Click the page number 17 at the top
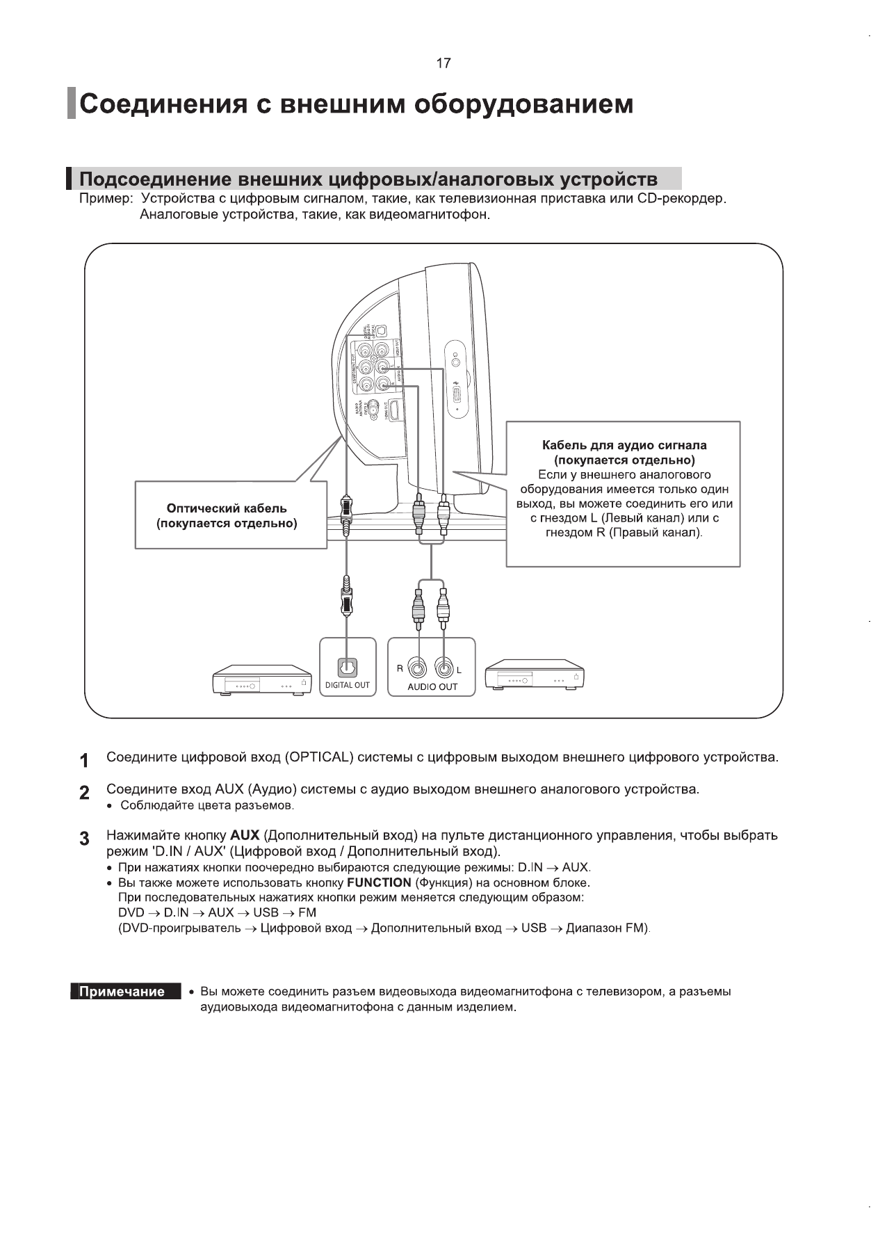click(443, 64)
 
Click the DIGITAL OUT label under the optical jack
click(348, 685)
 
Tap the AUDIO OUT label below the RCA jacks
click(432, 686)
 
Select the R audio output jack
click(418, 669)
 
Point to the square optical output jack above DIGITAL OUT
click(347, 667)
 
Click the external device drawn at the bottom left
click(262, 679)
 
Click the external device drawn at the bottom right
click(534, 677)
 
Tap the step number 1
click(84, 761)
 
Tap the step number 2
click(84, 793)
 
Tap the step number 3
click(84, 839)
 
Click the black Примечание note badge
click(122, 992)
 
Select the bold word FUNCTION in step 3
click(379, 882)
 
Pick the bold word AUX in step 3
click(245, 834)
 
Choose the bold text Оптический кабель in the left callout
click(227, 508)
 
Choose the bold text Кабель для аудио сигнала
click(624, 445)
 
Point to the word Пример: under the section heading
click(106, 200)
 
